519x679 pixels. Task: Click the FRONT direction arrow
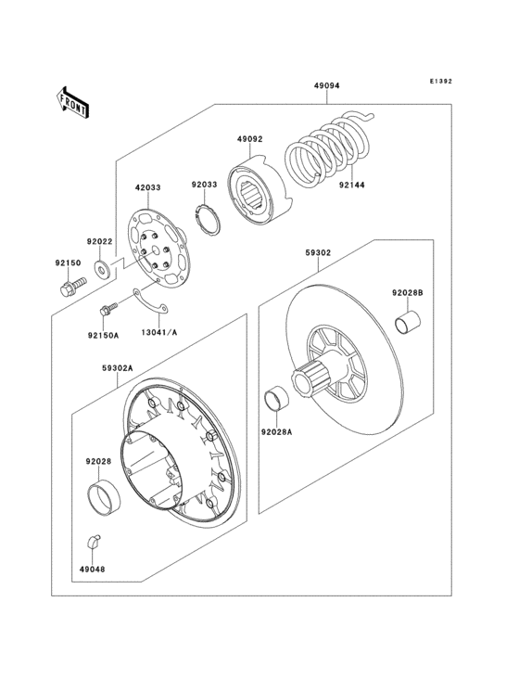(x=74, y=102)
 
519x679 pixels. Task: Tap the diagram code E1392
(x=440, y=82)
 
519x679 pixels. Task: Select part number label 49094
(x=326, y=86)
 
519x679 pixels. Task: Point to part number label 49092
(x=248, y=139)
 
